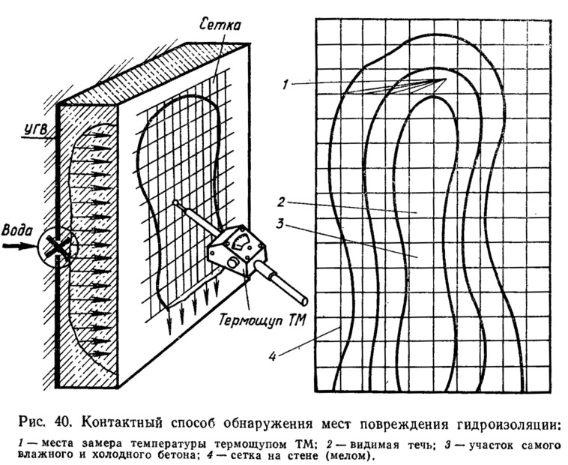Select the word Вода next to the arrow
16,230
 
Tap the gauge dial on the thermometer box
241,242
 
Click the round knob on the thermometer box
233,262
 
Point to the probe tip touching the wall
175,202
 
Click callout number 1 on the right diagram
285,85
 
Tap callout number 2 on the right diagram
282,202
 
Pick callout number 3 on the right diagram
280,223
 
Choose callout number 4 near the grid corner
273,356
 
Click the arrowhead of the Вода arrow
31,246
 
